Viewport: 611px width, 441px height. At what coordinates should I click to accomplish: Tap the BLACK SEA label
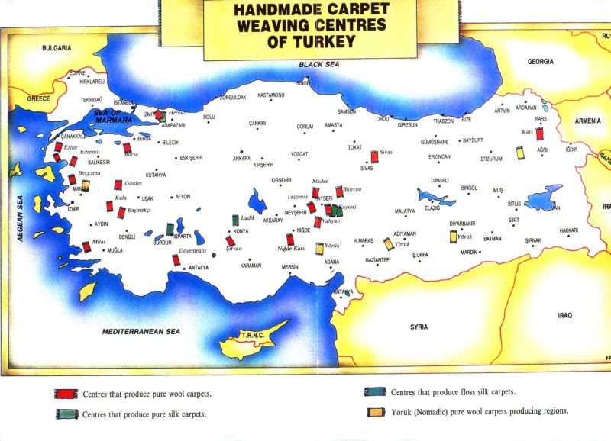318,65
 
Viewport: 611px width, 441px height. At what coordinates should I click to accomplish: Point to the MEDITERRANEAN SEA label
141,332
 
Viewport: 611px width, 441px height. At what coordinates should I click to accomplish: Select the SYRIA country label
419,327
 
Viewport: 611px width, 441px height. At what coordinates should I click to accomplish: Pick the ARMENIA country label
587,121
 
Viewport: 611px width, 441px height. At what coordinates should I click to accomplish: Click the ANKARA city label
241,159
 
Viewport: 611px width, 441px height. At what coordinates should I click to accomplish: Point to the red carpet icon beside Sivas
374,157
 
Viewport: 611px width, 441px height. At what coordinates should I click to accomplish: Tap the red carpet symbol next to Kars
539,134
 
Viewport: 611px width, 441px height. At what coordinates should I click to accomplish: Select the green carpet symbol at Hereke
162,117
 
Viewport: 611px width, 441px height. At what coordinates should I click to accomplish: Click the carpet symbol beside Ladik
233,220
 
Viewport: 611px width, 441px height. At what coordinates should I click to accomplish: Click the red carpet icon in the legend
63,394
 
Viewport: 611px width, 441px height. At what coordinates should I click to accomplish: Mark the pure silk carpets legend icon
63,414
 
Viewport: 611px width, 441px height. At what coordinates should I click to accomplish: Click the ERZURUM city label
491,159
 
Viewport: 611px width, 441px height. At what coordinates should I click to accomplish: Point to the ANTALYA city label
199,268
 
